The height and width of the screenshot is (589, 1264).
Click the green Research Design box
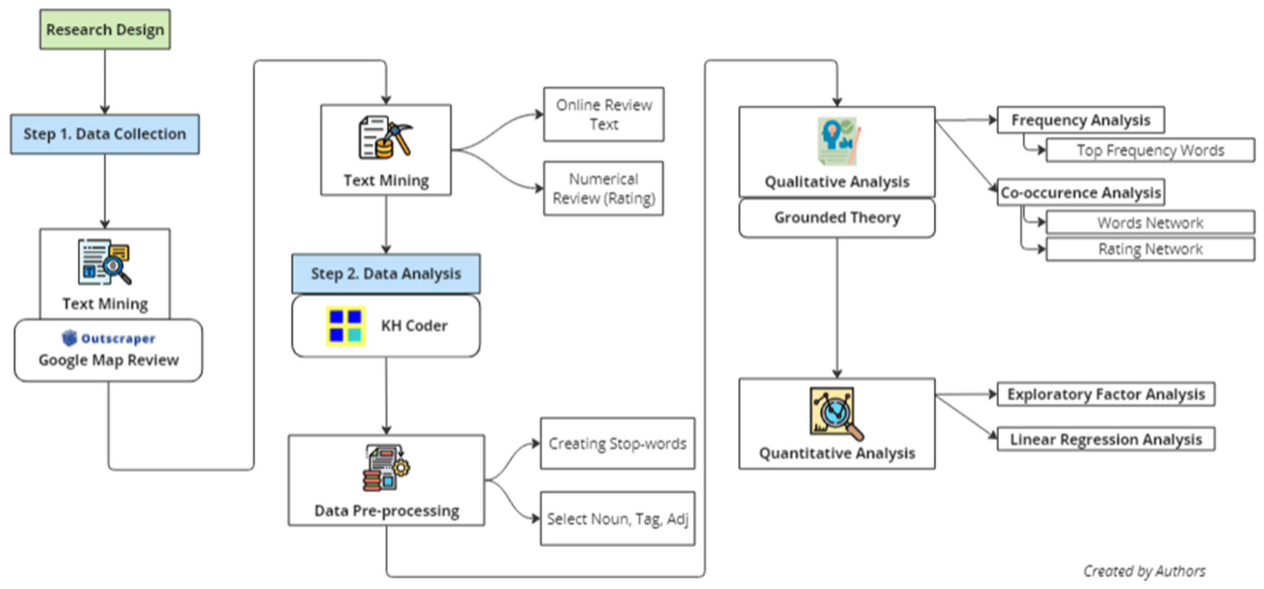(105, 29)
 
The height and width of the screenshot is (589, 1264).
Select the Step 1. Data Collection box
(105, 134)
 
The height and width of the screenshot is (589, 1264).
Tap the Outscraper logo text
(109, 338)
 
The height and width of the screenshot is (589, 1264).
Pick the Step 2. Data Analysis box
(386, 273)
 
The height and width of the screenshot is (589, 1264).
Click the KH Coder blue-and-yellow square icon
(345, 326)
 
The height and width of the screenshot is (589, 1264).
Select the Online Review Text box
(604, 114)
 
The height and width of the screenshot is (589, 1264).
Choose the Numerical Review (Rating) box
(604, 188)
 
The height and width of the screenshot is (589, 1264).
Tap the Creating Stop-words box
(618, 444)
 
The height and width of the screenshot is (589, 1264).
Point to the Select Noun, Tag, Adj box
(618, 519)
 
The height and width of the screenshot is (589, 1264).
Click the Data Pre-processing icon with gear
(387, 468)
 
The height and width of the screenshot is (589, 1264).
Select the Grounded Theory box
(837, 218)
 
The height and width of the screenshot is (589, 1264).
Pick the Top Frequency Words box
(1151, 150)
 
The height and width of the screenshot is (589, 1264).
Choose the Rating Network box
(1151, 249)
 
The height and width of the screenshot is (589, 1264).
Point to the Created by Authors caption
(1144, 571)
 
